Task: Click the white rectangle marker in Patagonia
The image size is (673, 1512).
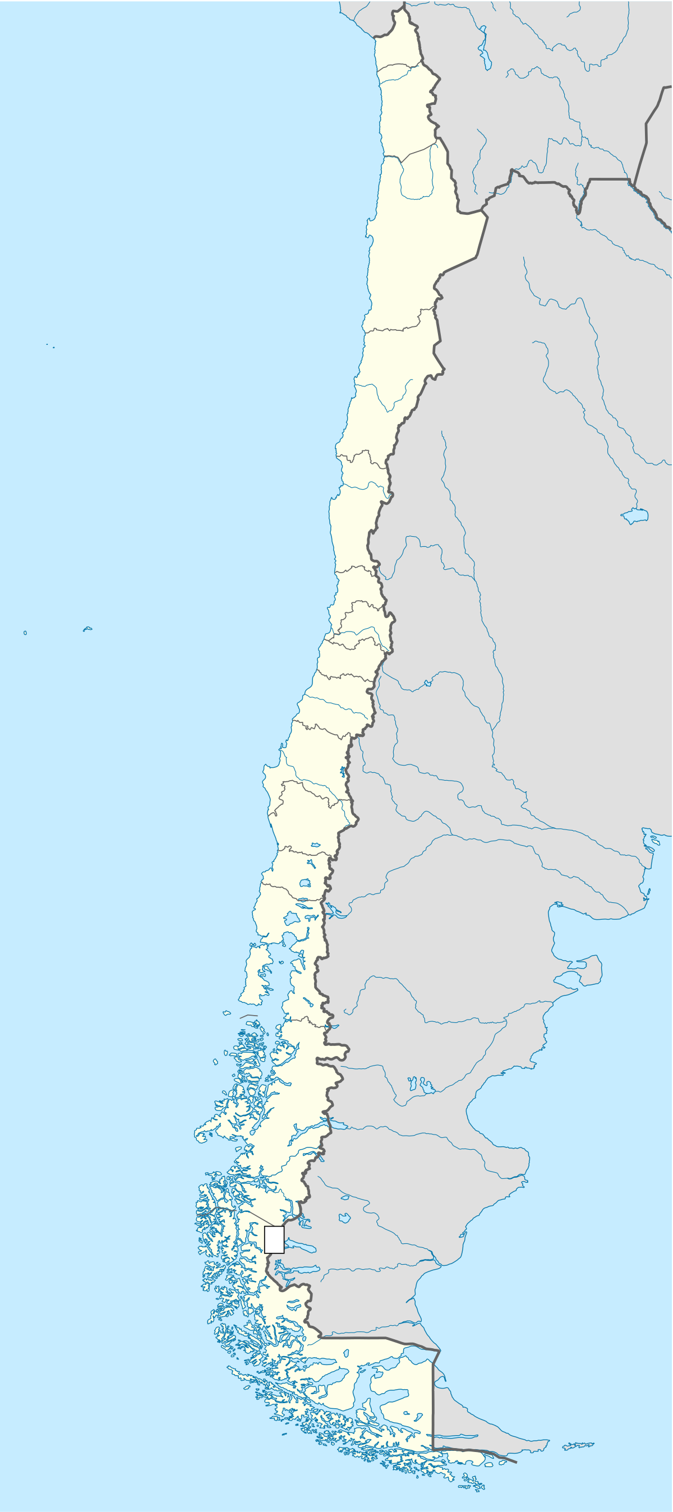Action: click(274, 1239)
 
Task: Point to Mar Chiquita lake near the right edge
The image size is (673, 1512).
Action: click(635, 516)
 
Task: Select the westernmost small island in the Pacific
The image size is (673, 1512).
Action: click(25, 633)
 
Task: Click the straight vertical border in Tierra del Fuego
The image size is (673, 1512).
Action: click(433, 1397)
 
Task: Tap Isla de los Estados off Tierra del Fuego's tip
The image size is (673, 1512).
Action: click(578, 1446)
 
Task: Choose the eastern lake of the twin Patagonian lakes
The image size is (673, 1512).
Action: click(427, 1086)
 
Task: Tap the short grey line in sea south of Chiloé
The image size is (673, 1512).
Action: click(248, 1016)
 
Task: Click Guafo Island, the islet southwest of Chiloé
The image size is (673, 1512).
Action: click(227, 1013)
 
